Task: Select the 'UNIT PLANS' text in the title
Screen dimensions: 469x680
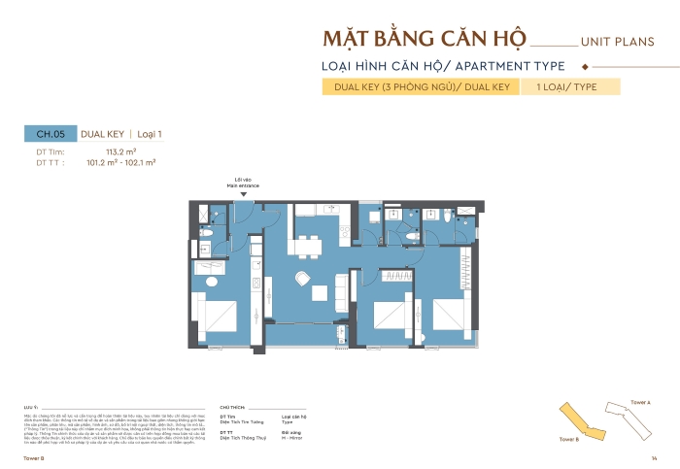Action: tap(616, 43)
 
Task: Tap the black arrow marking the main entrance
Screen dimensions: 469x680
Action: tap(245, 194)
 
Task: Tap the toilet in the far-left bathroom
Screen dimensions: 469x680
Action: tap(205, 233)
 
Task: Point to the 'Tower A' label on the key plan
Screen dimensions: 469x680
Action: tap(640, 401)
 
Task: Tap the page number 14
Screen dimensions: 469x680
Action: tap(655, 457)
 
